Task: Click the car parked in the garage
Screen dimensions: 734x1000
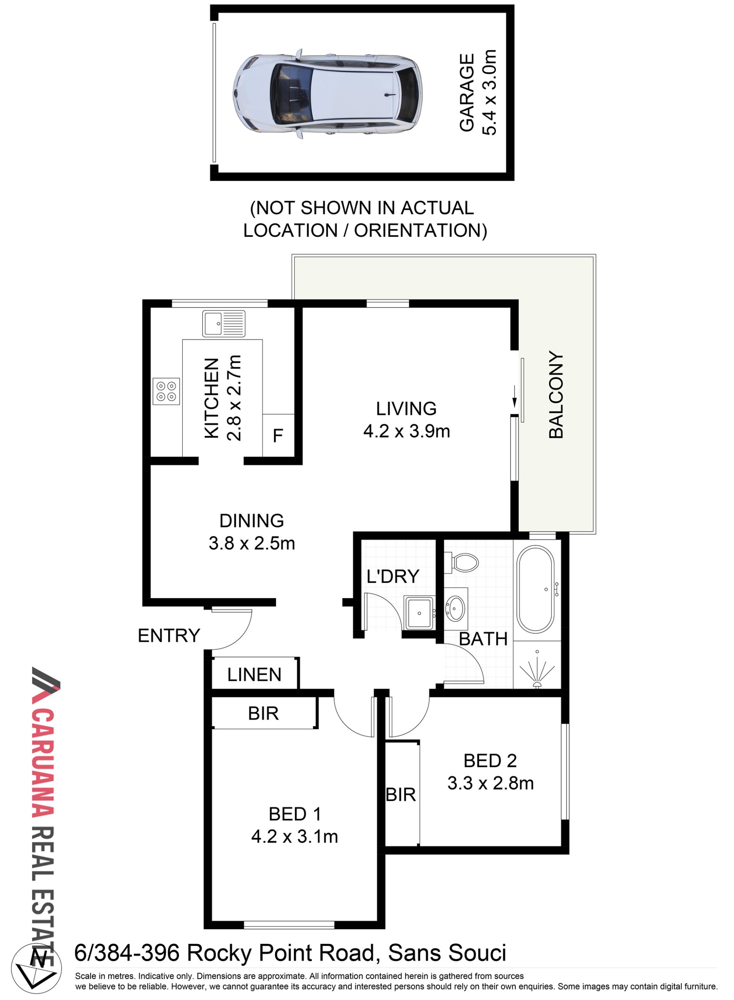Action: (x=327, y=94)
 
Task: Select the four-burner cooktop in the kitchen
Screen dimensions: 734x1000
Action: (x=166, y=391)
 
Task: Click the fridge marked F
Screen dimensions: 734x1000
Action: (x=278, y=436)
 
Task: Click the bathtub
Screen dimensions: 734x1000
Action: (x=535, y=589)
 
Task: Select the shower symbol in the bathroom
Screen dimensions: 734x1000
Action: (x=537, y=671)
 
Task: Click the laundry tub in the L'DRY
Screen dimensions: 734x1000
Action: (x=419, y=613)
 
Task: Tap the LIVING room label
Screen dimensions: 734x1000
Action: (x=406, y=409)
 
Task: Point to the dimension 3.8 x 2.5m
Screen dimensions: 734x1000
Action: (x=252, y=543)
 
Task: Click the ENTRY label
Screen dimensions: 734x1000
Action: (x=169, y=636)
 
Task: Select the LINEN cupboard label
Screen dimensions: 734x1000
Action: (x=254, y=675)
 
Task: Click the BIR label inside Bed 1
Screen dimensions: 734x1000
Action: (x=264, y=713)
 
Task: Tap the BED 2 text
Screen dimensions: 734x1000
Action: (x=490, y=761)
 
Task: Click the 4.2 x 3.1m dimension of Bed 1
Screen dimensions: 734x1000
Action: (x=295, y=836)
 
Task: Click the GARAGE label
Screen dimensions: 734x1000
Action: (x=467, y=93)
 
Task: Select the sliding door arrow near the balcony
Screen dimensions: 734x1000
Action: (x=515, y=396)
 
